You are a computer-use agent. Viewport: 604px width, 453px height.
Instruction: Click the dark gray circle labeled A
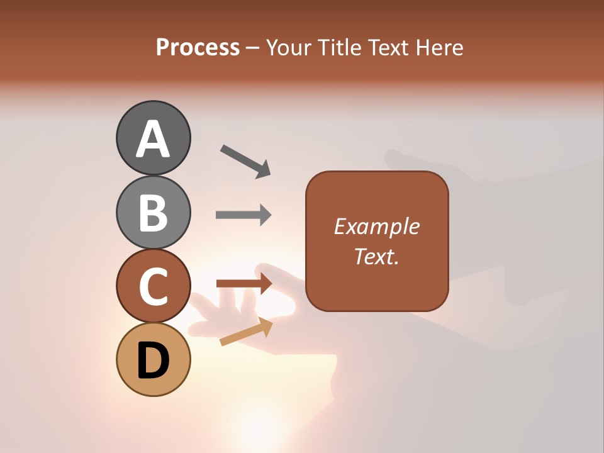[153, 138]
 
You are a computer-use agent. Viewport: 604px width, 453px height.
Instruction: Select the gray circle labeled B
[153, 212]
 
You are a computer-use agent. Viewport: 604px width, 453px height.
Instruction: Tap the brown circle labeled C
[153, 286]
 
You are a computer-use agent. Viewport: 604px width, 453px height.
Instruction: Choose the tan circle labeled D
[153, 360]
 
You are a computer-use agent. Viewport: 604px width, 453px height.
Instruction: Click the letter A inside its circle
[153, 139]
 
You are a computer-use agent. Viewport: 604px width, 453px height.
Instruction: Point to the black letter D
[153, 361]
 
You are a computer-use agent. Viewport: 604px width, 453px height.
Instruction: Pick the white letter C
[153, 287]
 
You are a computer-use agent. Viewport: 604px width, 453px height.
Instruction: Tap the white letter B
[153, 213]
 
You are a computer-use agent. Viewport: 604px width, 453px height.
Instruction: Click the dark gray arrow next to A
[245, 161]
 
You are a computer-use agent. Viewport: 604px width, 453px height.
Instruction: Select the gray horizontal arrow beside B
[243, 215]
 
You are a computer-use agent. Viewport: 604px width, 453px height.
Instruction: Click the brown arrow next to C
[243, 284]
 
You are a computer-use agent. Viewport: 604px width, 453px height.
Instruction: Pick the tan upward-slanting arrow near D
[246, 332]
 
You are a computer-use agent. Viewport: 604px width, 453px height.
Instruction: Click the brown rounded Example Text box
[377, 241]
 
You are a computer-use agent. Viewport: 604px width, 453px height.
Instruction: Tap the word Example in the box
[377, 226]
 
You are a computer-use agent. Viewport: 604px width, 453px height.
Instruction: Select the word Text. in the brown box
[377, 256]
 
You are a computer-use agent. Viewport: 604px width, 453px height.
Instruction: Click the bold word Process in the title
[198, 48]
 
